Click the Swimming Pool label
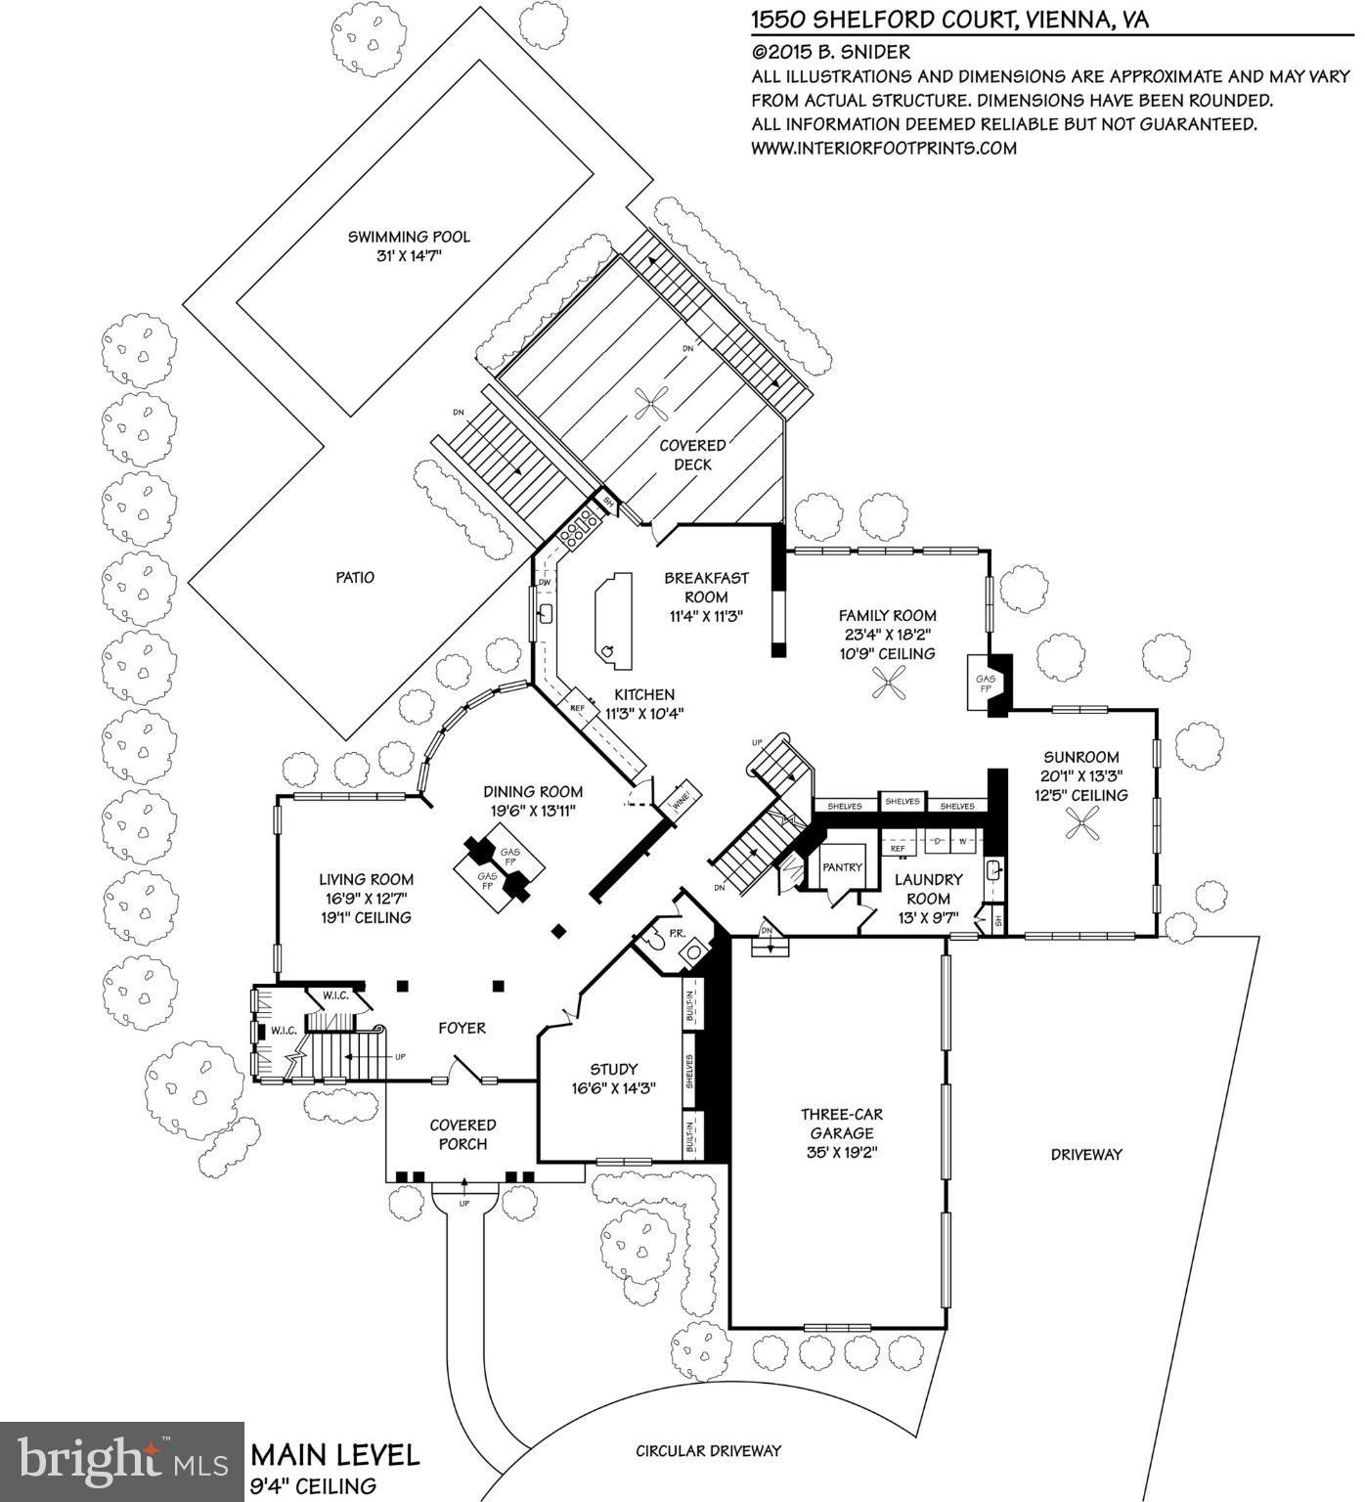pyautogui.click(x=409, y=237)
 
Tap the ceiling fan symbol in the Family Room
pyautogui.click(x=891, y=683)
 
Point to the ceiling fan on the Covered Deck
pyautogui.click(x=652, y=401)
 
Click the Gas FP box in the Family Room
pyautogui.click(x=985, y=683)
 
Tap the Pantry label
pyautogui.click(x=842, y=866)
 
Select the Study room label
pyautogui.click(x=614, y=1069)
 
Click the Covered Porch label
pyautogui.click(x=462, y=1134)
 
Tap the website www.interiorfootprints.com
pyautogui.click(x=884, y=149)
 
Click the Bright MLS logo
pyautogui.click(x=121, y=1461)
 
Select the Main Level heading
pyautogui.click(x=335, y=1454)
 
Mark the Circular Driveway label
pyautogui.click(x=708, y=1450)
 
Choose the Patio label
pyautogui.click(x=355, y=577)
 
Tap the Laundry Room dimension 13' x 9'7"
pyautogui.click(x=928, y=917)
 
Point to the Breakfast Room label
pyautogui.click(x=706, y=587)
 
